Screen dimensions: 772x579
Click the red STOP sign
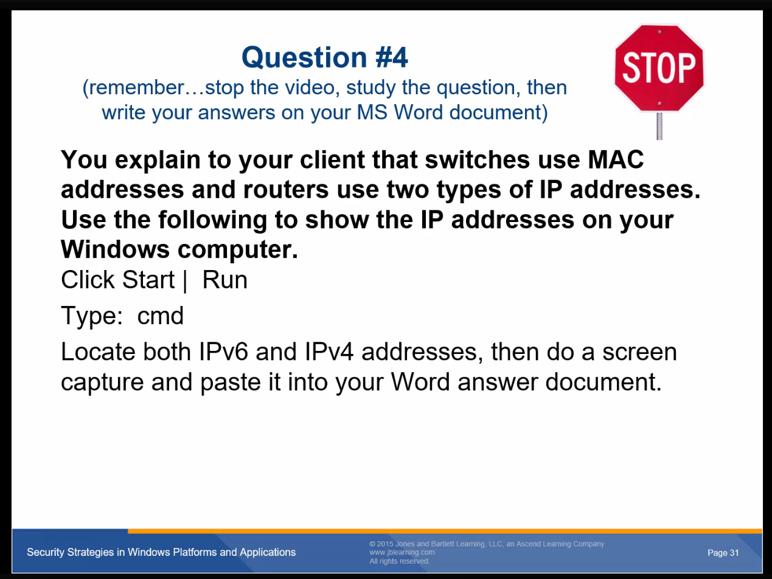(x=659, y=68)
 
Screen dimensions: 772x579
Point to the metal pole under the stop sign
(x=659, y=127)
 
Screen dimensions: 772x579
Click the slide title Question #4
(x=325, y=57)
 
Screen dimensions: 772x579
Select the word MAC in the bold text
(x=616, y=159)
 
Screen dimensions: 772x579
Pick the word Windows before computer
(x=116, y=249)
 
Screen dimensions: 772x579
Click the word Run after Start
(x=224, y=280)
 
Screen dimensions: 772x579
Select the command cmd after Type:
(x=161, y=316)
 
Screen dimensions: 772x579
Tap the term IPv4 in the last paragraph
(x=329, y=352)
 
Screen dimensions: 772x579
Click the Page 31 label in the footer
(x=723, y=553)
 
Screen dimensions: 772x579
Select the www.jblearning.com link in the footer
(x=402, y=552)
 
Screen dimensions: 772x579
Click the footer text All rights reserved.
(x=399, y=561)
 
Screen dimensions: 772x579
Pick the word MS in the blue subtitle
(x=372, y=113)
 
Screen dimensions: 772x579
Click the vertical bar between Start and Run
(x=185, y=280)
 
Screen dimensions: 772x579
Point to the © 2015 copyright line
(x=487, y=544)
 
